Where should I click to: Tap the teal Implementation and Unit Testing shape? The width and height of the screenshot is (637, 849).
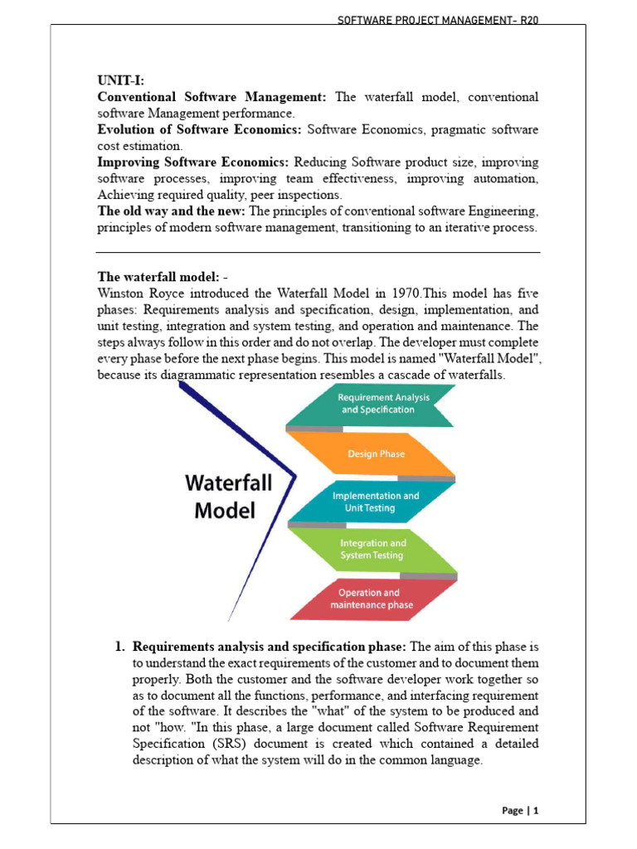point(375,502)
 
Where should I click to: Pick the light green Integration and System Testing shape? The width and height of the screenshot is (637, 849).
point(372,549)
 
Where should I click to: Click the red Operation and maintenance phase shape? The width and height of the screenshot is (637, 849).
point(369,598)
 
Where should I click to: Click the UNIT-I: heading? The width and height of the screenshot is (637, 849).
point(120,81)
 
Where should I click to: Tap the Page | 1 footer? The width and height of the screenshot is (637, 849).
point(521,811)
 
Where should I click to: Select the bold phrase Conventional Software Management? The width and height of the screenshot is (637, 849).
point(213,97)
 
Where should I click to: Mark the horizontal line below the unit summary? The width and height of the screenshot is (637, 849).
point(318,252)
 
